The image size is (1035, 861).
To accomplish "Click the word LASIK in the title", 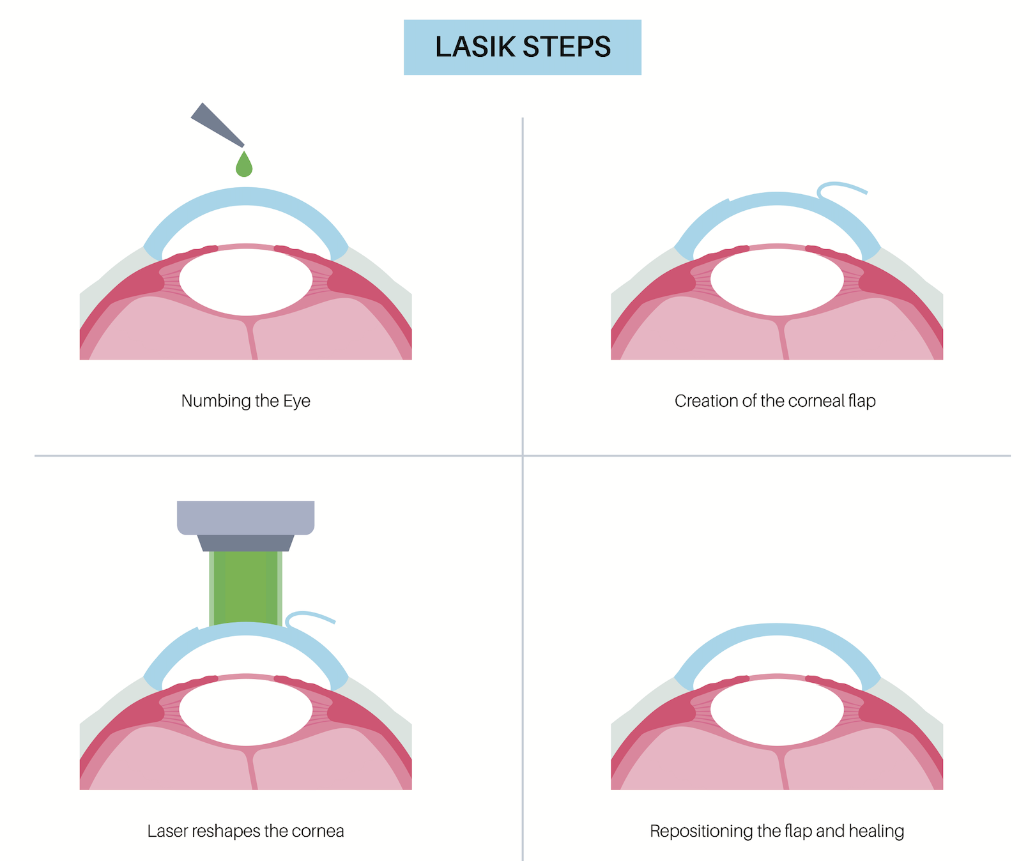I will [475, 47].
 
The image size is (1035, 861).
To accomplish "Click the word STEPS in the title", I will [567, 47].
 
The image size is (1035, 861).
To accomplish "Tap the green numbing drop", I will [244, 166].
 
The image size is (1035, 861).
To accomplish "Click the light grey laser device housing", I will [245, 517].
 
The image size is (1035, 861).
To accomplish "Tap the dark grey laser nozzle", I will [245, 543].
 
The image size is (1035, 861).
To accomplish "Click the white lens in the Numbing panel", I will [245, 280].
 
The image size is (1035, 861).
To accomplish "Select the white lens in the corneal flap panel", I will [777, 280].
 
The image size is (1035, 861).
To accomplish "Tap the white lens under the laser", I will [245, 710].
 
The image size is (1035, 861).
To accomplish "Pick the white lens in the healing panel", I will [777, 710].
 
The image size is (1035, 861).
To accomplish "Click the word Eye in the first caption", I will [296, 401].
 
